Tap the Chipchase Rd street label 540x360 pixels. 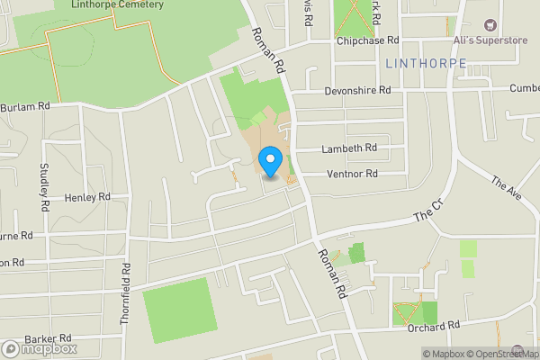click(368, 40)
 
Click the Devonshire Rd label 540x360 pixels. click(358, 91)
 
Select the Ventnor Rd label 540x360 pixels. click(353, 173)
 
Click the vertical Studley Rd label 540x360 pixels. click(43, 185)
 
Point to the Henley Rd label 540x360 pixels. click(86, 196)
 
